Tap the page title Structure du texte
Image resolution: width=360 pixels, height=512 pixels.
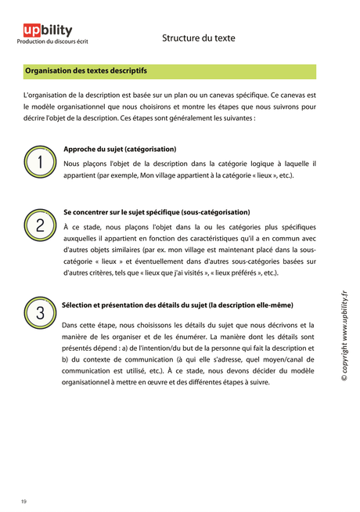[198, 37]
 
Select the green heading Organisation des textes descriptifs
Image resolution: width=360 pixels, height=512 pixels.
[86, 71]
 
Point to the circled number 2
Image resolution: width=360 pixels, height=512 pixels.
[40, 225]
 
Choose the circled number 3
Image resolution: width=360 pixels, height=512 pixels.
[40, 312]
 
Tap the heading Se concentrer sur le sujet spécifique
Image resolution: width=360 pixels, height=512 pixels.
[157, 211]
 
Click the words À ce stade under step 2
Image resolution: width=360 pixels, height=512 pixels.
[81, 226]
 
